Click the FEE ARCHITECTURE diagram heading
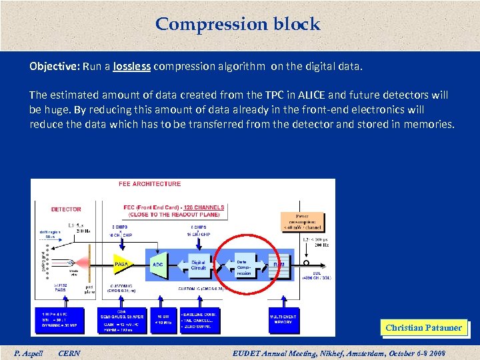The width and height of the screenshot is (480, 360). click(x=149, y=184)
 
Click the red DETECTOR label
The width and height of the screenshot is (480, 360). click(x=66, y=209)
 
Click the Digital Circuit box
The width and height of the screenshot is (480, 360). click(x=199, y=264)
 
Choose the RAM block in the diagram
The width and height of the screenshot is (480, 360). click(x=280, y=264)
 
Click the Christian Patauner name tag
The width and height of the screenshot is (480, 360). click(x=423, y=327)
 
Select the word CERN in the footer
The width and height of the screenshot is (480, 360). click(x=69, y=353)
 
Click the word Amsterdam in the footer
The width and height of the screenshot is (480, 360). click(x=359, y=353)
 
